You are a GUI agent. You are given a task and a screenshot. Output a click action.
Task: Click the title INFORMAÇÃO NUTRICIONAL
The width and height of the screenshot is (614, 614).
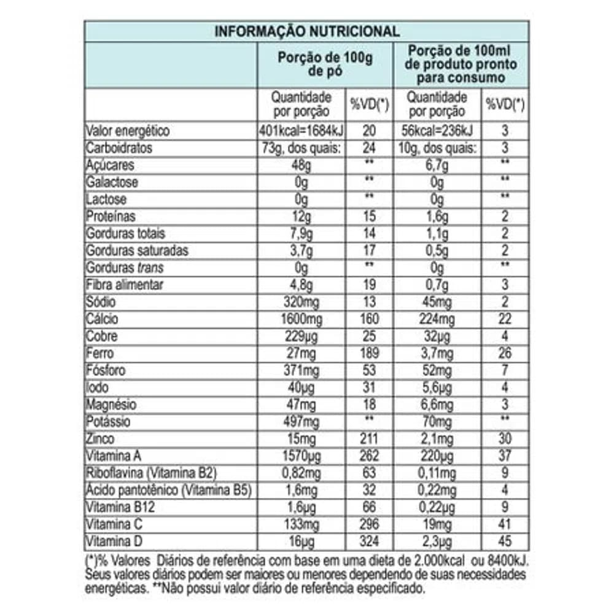coord(306,31)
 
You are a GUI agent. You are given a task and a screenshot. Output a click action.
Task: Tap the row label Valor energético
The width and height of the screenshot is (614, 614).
coord(128,131)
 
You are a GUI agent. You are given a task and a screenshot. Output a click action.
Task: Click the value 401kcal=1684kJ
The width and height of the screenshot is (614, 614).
coord(301,131)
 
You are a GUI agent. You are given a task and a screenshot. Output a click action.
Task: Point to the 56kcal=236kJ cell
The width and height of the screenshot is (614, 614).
coord(437,131)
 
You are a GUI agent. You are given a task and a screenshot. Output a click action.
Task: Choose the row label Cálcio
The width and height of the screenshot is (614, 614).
coord(103,319)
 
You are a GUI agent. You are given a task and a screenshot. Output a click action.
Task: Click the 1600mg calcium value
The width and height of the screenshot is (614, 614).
coord(301,319)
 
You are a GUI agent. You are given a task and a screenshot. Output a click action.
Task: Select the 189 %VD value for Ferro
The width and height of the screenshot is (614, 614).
coord(369,354)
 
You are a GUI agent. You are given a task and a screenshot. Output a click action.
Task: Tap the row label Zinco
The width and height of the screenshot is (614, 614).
coord(101,440)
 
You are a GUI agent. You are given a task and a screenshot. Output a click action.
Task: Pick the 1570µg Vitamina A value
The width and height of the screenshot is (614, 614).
coord(301,457)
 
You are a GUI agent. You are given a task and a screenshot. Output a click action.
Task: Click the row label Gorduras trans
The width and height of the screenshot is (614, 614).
coord(125,268)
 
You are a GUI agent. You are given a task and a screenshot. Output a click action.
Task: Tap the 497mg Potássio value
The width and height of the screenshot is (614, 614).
coord(301,422)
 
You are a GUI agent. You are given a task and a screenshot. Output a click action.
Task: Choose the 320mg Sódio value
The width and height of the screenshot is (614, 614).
coord(301,303)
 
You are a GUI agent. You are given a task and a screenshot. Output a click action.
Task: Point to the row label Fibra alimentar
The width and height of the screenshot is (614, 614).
coord(125,286)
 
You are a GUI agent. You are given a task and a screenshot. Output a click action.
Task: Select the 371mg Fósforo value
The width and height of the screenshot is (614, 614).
coord(301,371)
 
